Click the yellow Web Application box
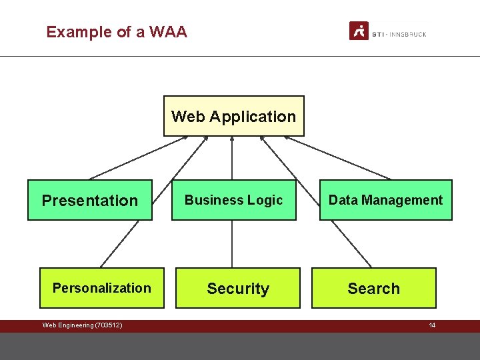click(233, 116)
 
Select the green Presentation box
click(90, 200)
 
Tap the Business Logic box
click(233, 200)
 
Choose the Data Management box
click(385, 200)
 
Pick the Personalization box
click(102, 288)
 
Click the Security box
click(238, 288)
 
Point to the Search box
click(373, 288)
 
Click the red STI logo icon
click(359, 31)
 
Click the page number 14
click(432, 325)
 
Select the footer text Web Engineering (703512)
click(82, 325)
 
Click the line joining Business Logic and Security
click(232, 244)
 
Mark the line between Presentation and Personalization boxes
click(120, 244)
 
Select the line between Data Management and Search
click(351, 244)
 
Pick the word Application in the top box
click(253, 117)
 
